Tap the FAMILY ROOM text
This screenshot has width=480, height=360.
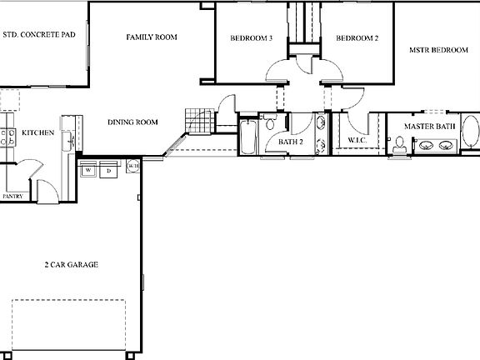[x=152, y=37]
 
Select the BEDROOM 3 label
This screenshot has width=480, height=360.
[x=252, y=38]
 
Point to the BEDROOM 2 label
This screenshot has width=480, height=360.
[x=357, y=38]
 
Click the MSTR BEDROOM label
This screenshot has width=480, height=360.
[x=438, y=50]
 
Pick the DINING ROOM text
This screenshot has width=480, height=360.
[x=132, y=122]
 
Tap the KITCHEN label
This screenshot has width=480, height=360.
[x=38, y=132]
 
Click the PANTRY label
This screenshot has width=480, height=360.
[x=12, y=197]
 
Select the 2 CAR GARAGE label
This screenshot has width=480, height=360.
[x=72, y=264]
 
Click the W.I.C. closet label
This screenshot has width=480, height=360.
[x=357, y=140]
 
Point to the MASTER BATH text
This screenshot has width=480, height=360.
[x=429, y=127]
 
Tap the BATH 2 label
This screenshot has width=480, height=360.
[x=291, y=141]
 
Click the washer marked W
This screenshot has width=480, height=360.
[x=88, y=171]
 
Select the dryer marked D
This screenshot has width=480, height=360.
[x=108, y=171]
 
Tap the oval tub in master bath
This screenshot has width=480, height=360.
[x=471, y=134]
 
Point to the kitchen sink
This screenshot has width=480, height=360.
[x=69, y=141]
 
